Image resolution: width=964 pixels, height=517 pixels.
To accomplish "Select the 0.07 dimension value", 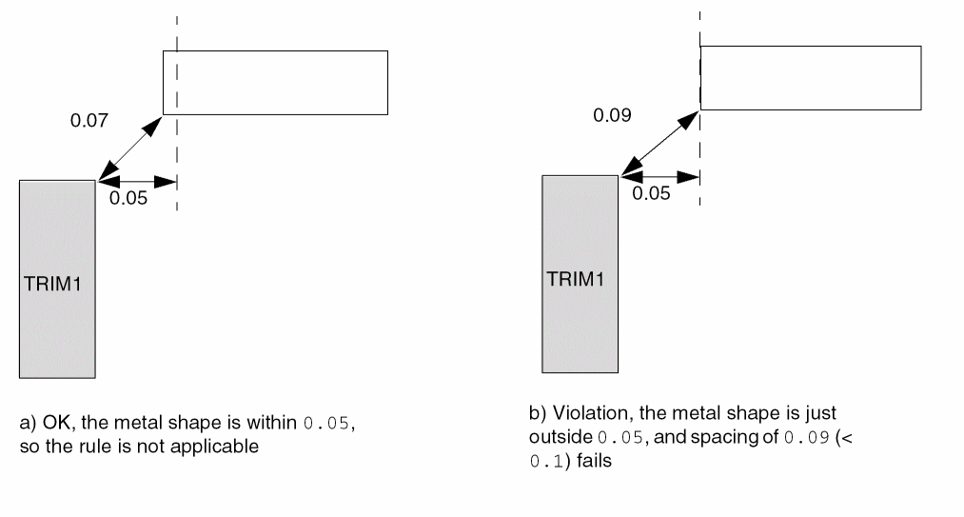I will [x=89, y=122].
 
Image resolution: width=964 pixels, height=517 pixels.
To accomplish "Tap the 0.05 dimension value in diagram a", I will [x=128, y=200].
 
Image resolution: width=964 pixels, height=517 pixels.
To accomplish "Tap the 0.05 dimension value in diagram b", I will [x=652, y=193].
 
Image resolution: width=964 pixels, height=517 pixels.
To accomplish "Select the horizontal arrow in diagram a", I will [x=137, y=181].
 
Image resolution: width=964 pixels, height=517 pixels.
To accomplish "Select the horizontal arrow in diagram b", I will [x=660, y=176].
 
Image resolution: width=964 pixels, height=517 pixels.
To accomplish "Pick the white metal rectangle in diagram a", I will [x=276, y=82].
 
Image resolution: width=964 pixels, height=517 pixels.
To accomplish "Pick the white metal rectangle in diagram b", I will [x=810, y=76].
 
